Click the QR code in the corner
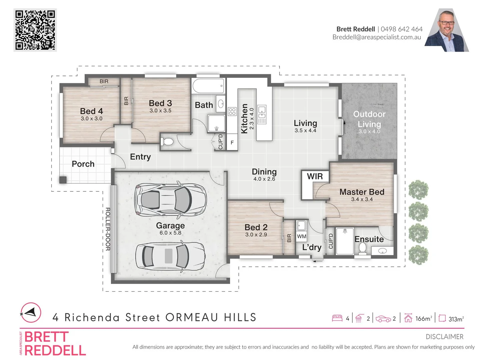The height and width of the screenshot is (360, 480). (35, 30)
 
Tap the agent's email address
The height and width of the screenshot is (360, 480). (377, 37)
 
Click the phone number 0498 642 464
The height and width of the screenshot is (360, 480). (401, 29)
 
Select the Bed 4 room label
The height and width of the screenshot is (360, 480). (91, 111)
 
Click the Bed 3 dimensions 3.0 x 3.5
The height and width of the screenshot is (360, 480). (160, 111)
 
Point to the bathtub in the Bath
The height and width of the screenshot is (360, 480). (208, 86)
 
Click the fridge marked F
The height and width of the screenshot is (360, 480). (232, 143)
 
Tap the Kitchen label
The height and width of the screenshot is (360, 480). (244, 118)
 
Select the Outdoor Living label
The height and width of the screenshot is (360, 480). (369, 119)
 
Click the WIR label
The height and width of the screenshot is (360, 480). (315, 176)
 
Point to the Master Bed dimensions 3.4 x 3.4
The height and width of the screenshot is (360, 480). (362, 199)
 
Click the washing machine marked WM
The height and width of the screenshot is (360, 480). (301, 236)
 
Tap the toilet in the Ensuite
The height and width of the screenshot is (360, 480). (362, 248)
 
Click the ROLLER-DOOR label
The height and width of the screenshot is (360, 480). (108, 229)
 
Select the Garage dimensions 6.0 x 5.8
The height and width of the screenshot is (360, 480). (170, 233)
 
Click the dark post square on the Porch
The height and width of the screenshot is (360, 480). (63, 180)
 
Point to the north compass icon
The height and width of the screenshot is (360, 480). (31, 313)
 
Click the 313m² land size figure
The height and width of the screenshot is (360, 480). (456, 319)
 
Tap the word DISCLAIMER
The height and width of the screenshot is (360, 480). (444, 337)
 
